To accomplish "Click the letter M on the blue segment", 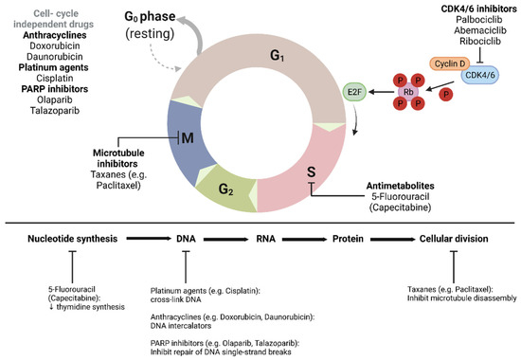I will click(x=215, y=139).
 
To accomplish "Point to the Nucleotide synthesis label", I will click(x=74, y=241).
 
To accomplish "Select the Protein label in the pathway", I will click(x=340, y=241).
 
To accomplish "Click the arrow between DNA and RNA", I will click(x=228, y=241).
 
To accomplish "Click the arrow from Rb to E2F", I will click(x=383, y=93).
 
